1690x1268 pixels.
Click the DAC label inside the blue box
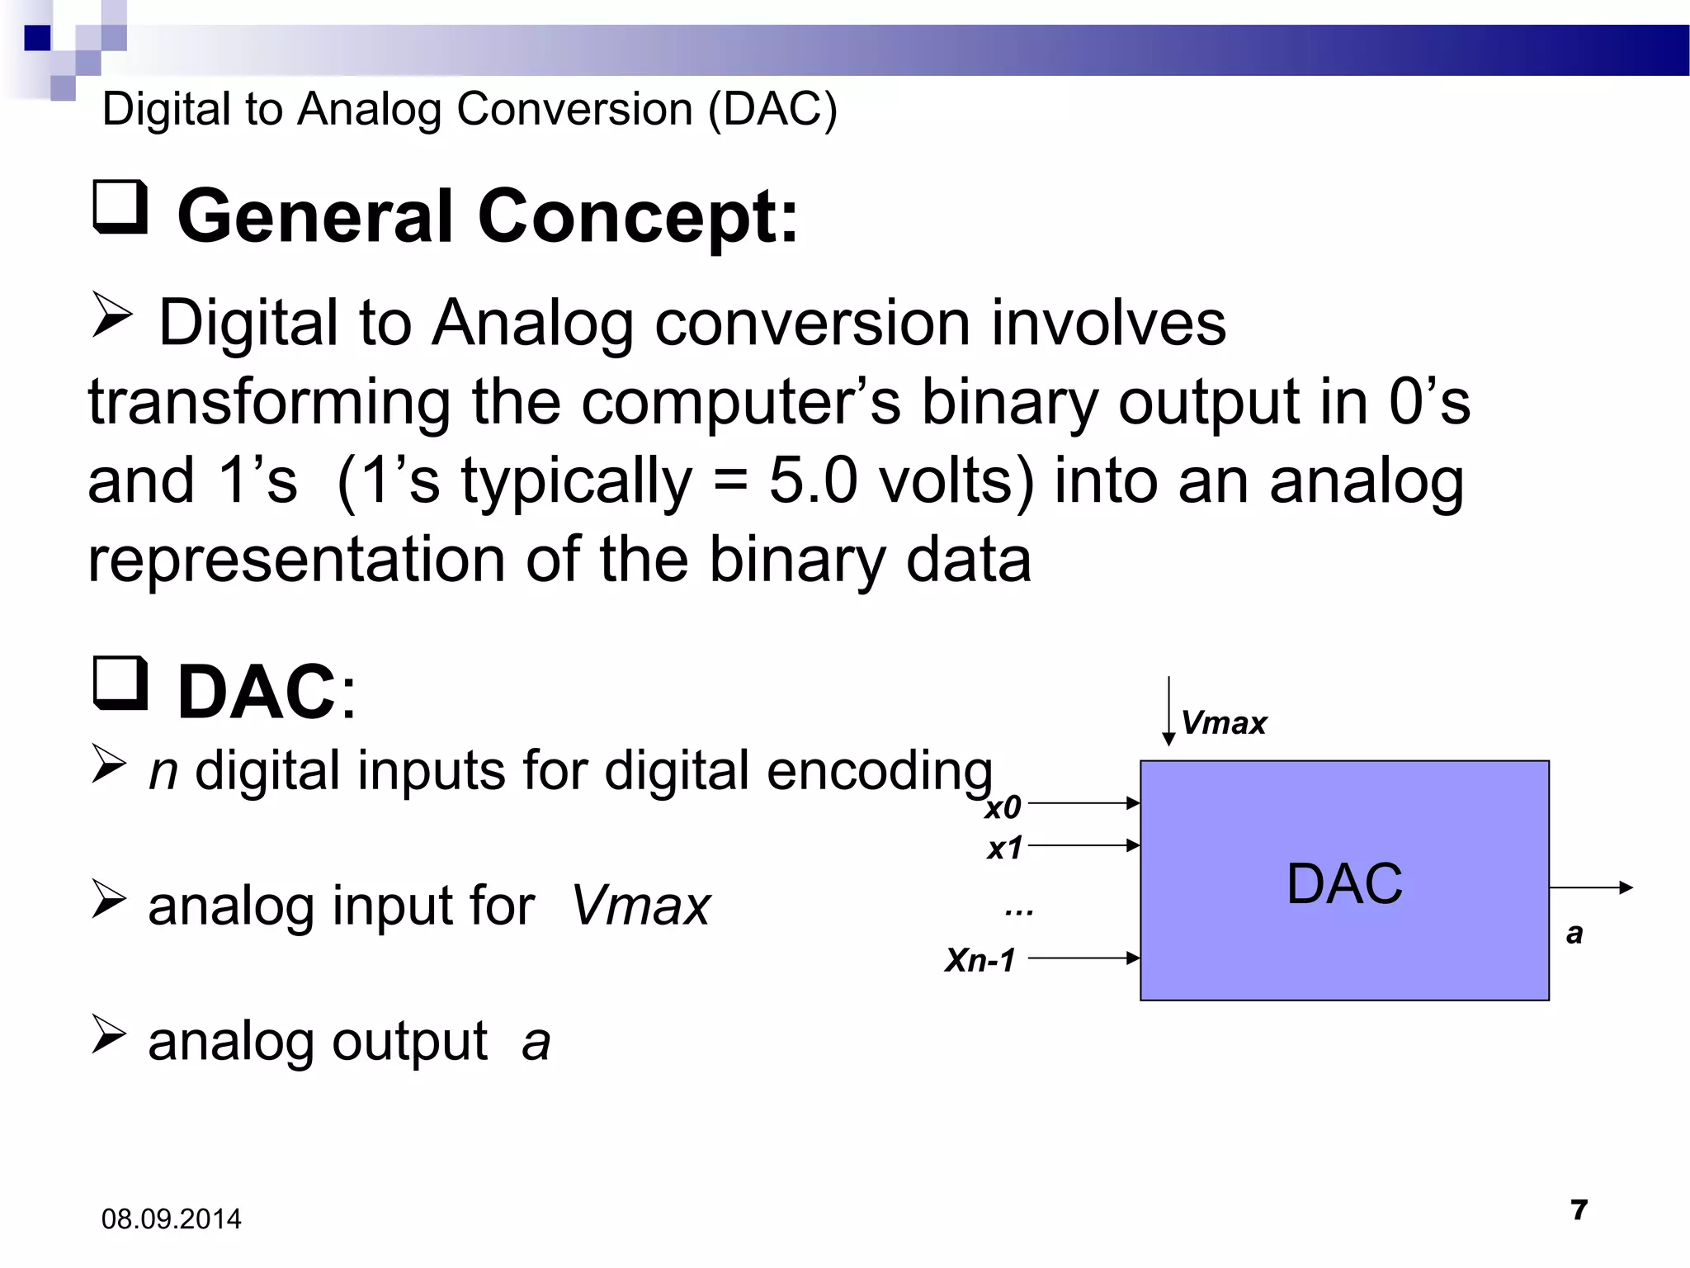point(1344,883)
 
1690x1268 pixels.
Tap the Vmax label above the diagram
point(1223,723)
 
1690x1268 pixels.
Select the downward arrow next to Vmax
point(1168,711)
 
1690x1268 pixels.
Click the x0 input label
point(1003,807)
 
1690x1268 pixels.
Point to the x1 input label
point(1004,848)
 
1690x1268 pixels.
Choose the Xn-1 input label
point(980,960)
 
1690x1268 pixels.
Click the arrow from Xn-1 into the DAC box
point(1083,958)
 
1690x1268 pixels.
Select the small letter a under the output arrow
point(1574,934)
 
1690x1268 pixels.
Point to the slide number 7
point(1579,1209)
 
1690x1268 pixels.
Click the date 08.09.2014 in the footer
point(171,1218)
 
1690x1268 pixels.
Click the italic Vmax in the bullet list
point(640,906)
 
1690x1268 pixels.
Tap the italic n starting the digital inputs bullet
point(163,771)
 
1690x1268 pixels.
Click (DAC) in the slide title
point(772,109)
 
